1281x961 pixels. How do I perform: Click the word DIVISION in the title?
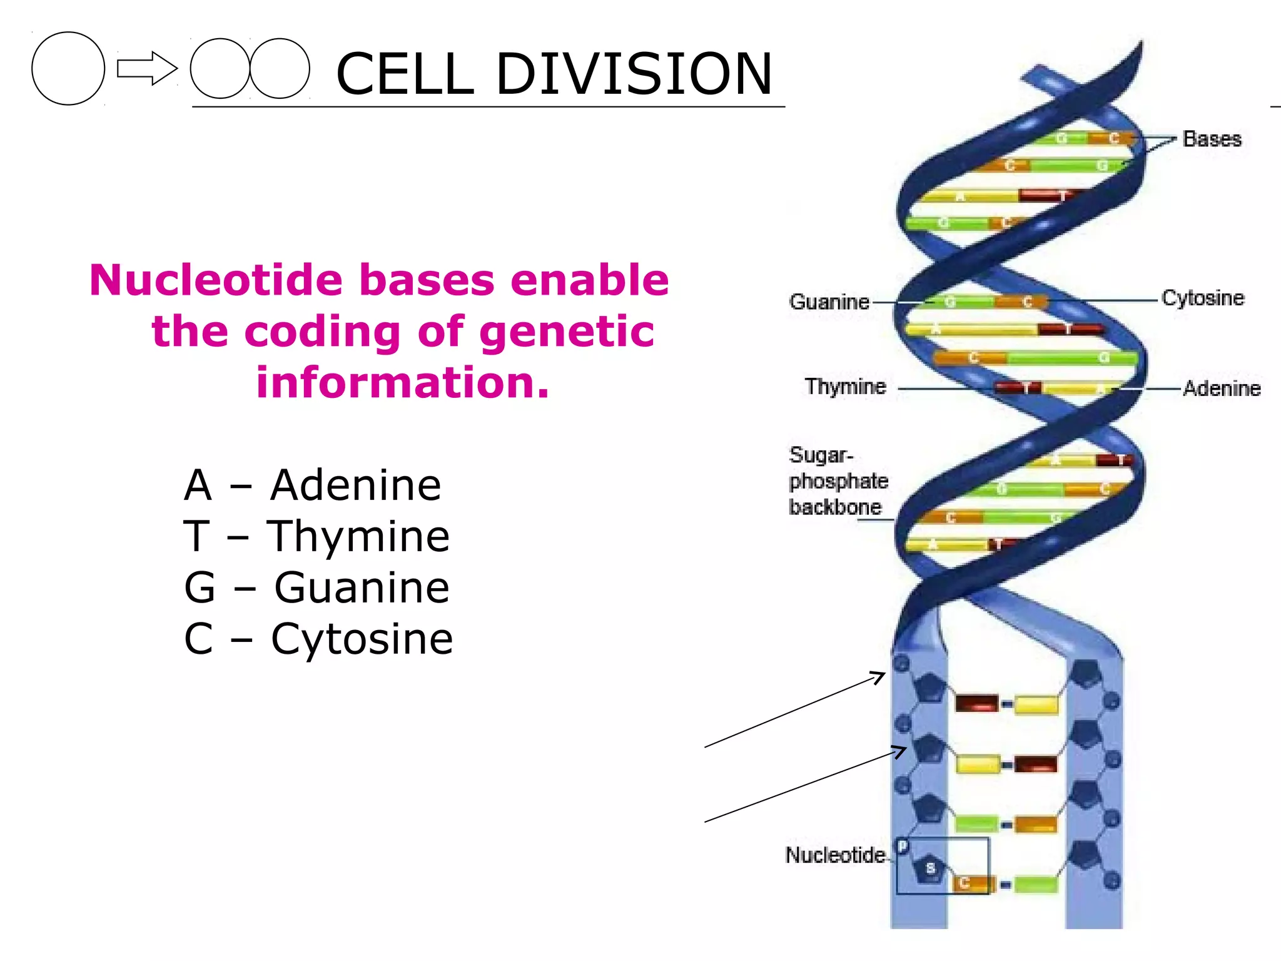click(634, 74)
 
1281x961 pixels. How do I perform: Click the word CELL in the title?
click(405, 74)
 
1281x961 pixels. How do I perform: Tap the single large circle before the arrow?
click(68, 68)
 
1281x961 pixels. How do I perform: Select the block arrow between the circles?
click(147, 68)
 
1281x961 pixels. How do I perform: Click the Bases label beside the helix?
click(1212, 139)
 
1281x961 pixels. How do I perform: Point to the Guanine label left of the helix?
click(829, 302)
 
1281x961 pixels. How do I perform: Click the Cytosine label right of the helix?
click(1202, 298)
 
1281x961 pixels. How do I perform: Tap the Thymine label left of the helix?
click(845, 387)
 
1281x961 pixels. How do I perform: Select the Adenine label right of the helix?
click(1221, 389)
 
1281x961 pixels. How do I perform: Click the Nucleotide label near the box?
click(835, 855)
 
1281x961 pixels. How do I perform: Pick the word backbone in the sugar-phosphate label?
click(835, 507)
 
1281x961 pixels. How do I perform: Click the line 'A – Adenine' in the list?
click(313, 485)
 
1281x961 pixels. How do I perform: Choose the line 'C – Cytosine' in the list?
click(318, 639)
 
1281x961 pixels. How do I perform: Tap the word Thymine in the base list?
click(358, 537)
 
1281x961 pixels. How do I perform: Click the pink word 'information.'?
click(403, 382)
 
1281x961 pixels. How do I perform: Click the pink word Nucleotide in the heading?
click(216, 280)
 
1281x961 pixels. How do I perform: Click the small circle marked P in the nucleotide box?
click(903, 847)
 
